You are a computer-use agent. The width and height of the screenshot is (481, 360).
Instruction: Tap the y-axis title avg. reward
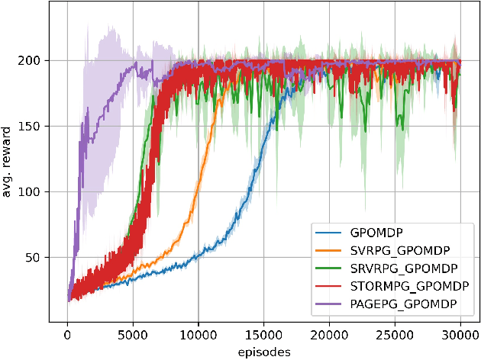pyautogui.click(x=10, y=163)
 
